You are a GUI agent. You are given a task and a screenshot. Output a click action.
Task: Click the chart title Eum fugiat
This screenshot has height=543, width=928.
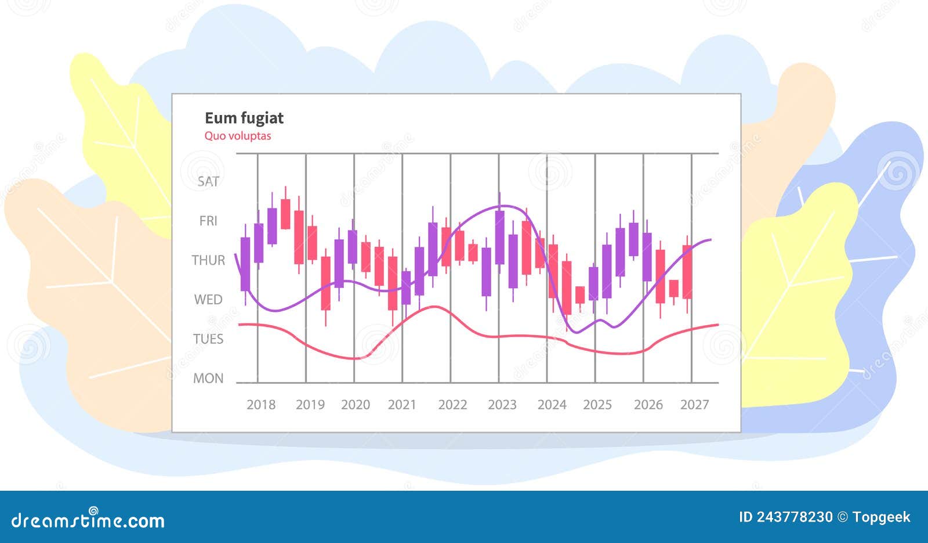[x=244, y=118]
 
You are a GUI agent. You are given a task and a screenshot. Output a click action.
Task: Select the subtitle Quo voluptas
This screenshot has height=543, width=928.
[x=237, y=136]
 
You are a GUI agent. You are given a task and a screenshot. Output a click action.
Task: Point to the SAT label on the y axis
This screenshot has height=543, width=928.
[x=208, y=182]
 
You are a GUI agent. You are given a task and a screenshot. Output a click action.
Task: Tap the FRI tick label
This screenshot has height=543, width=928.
[x=208, y=221]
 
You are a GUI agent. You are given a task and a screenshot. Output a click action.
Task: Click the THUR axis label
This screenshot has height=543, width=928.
[x=208, y=260]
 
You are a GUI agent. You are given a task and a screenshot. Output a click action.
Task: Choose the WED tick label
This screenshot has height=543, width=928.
[x=208, y=300]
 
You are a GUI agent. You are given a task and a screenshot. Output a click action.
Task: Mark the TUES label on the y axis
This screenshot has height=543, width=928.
[x=208, y=339]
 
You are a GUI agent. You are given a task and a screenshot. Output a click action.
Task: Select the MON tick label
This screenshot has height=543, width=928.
[x=208, y=378]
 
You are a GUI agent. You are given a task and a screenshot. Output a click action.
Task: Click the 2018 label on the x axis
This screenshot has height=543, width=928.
[x=261, y=405]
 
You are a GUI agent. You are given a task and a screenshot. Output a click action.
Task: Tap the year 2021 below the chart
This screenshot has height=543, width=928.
[x=402, y=405]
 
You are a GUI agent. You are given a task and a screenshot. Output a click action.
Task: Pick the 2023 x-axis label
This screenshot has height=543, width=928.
[x=502, y=405]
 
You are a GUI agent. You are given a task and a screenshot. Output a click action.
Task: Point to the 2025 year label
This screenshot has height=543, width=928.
[x=597, y=405]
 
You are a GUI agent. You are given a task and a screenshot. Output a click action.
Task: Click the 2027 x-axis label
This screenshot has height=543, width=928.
[x=694, y=405]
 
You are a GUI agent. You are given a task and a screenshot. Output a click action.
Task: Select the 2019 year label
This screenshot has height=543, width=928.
[x=310, y=405]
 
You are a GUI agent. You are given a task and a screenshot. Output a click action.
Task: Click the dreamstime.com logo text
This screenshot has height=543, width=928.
[x=88, y=520]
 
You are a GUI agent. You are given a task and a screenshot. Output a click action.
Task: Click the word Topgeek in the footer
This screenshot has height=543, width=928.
[x=882, y=517]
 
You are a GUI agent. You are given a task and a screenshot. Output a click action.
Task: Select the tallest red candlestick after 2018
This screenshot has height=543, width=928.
[x=299, y=237]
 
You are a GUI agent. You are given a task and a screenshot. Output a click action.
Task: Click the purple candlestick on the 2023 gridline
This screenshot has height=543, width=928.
[x=499, y=237]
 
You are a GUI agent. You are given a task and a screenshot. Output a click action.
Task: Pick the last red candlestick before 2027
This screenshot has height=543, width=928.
[x=687, y=272]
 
